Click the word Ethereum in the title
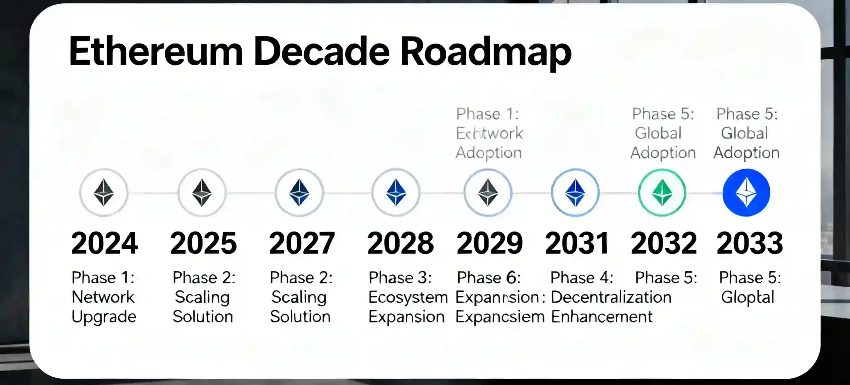156,52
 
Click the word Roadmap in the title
486,52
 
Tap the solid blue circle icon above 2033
746,192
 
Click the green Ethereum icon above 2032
662,192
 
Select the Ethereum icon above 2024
104,192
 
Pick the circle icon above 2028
396,192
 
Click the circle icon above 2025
202,192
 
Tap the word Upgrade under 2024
104,317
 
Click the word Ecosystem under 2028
408,297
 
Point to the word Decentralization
611,297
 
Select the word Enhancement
601,317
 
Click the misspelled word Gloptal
747,297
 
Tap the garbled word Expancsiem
500,317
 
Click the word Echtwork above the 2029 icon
489,133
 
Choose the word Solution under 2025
203,317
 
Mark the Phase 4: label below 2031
581,278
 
